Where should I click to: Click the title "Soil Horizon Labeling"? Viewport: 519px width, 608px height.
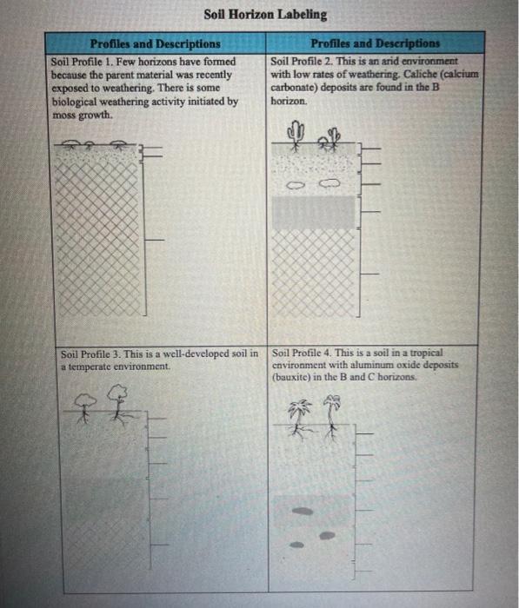pos(265,15)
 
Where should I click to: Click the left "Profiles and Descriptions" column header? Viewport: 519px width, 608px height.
pos(156,43)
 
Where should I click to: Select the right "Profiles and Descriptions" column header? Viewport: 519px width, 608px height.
pos(375,43)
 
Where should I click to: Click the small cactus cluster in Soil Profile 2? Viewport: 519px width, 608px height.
pos(329,139)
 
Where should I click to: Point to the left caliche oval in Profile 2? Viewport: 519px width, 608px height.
pos(296,185)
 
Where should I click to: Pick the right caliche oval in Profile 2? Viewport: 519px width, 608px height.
pos(329,182)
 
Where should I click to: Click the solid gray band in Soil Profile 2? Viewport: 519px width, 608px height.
pos(314,212)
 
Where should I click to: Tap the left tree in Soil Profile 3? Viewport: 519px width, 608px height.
pos(85,408)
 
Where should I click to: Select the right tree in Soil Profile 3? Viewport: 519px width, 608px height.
pos(118,405)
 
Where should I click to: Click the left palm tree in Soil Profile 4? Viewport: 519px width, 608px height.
pos(300,420)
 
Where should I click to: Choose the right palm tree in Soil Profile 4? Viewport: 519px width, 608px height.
pos(331,417)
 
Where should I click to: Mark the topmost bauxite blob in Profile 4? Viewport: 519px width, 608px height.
pos(303,511)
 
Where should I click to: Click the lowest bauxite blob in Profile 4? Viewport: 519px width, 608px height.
pos(296,545)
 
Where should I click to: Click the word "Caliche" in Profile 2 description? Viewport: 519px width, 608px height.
pos(421,74)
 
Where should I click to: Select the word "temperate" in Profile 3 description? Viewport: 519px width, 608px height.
pos(87,366)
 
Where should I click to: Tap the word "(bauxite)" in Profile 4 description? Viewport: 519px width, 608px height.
pos(291,377)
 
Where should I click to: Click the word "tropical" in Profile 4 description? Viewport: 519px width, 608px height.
pos(426,353)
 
